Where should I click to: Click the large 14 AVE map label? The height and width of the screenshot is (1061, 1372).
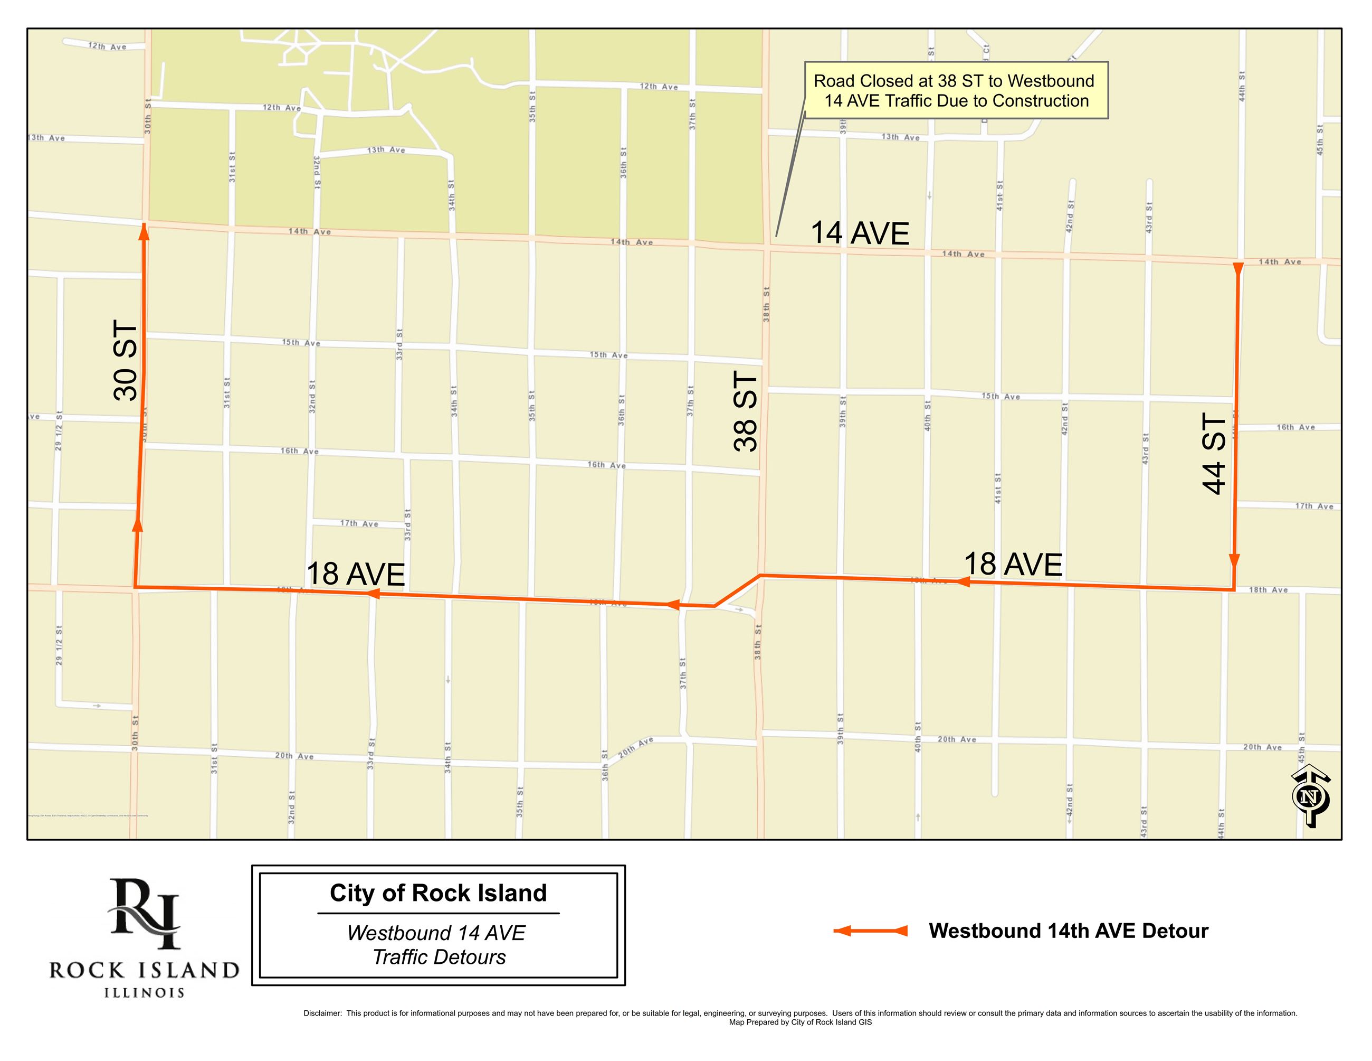pos(860,233)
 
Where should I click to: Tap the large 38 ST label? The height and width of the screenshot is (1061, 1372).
pos(746,412)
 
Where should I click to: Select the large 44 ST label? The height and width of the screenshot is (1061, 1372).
pos(1214,453)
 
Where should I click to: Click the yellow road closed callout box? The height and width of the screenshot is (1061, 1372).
pos(956,90)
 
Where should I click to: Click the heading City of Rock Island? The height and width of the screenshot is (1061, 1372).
pos(438,893)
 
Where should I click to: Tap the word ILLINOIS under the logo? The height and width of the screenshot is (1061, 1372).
pos(145,993)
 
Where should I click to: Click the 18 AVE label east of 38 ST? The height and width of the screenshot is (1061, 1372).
pos(1013,564)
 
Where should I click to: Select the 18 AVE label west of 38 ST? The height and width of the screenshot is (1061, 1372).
pos(356,574)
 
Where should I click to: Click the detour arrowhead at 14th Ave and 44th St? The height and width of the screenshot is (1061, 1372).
pos(1238,269)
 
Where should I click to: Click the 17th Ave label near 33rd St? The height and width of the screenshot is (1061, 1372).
pos(359,523)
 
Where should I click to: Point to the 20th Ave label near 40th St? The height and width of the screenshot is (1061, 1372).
pos(957,739)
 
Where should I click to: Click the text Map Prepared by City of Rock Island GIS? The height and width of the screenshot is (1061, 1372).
pos(799,1022)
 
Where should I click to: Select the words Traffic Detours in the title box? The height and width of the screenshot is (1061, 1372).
pos(439,957)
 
